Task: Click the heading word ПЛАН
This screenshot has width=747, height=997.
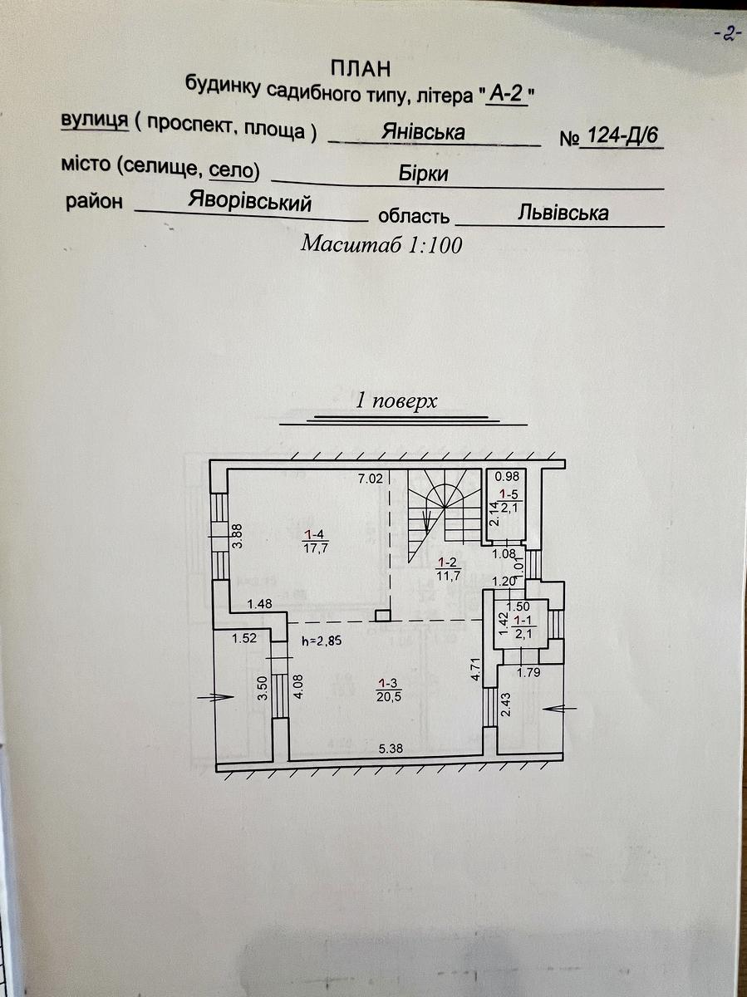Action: tap(361, 69)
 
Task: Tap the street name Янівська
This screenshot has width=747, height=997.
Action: tap(423, 132)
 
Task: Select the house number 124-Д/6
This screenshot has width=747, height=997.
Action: tap(622, 135)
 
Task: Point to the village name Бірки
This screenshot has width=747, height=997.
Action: tap(423, 174)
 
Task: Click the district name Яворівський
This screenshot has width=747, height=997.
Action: tap(250, 201)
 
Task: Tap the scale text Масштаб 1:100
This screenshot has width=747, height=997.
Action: tap(381, 244)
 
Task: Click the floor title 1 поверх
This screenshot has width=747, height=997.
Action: tap(396, 400)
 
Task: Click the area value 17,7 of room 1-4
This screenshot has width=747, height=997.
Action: tap(315, 548)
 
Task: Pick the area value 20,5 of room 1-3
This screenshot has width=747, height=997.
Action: tap(389, 696)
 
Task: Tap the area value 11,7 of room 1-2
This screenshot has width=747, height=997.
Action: tap(449, 576)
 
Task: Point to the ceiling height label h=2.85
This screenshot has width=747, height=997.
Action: tap(322, 641)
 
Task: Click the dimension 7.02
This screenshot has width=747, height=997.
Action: tap(371, 479)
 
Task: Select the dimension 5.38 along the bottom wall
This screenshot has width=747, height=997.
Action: tap(391, 748)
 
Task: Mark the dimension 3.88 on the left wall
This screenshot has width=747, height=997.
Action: tap(238, 537)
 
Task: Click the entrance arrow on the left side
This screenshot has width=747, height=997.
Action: tap(215, 697)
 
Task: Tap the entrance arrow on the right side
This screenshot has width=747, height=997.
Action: tap(560, 708)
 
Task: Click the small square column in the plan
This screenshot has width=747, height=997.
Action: tap(383, 616)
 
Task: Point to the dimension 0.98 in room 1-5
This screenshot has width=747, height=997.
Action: tap(507, 476)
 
